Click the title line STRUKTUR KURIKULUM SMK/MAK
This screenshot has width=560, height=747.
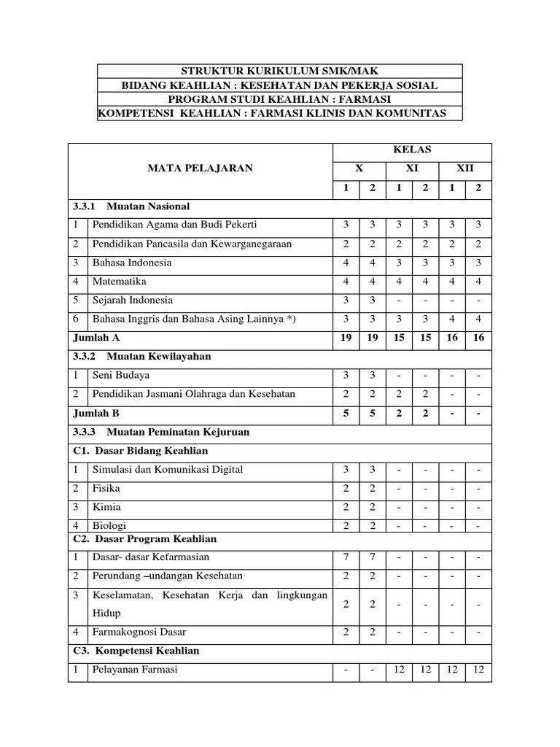(x=280, y=71)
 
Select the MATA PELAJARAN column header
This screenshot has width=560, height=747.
(x=200, y=168)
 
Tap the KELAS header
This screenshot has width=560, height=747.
(x=413, y=150)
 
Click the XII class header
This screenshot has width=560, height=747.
(x=464, y=168)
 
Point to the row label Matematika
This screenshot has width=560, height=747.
(x=120, y=281)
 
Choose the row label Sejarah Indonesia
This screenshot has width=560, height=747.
(x=133, y=300)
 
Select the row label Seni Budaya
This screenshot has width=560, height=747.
(x=121, y=375)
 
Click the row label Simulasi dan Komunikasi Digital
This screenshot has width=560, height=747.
(x=168, y=469)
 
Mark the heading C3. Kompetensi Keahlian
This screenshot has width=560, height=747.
(x=136, y=651)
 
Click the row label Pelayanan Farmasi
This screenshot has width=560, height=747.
(x=135, y=670)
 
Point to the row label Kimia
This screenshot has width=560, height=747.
(x=106, y=507)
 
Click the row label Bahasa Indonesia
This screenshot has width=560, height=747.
(x=132, y=263)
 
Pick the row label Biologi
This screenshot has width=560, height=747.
(x=109, y=525)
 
